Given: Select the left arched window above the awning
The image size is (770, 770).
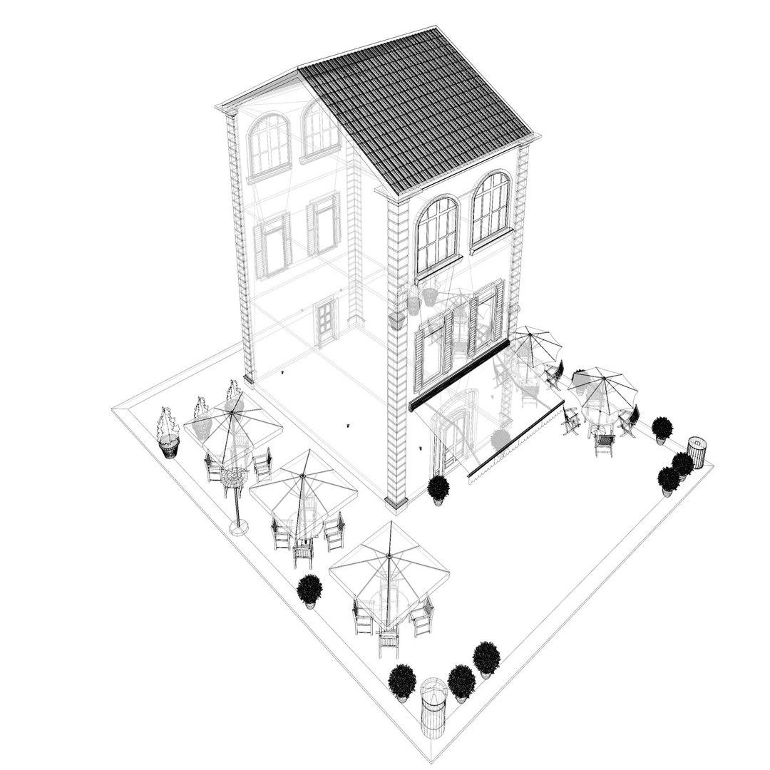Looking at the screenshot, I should point(436,235).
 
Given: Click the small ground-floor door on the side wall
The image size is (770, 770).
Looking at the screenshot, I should point(326,322).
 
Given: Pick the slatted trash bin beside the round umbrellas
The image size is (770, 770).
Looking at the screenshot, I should point(697,452).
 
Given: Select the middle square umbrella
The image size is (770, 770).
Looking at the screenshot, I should point(304,488).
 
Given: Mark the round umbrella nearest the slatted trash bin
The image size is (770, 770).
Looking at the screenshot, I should point(602,385).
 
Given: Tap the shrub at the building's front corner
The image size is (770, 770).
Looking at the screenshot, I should point(438,488).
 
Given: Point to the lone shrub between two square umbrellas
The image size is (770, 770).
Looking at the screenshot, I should point(309,590).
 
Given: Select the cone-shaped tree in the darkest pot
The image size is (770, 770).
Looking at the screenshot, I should point(169,431).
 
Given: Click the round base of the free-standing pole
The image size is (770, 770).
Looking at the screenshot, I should point(239,528).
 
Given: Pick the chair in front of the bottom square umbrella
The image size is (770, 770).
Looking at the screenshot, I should point(389,642).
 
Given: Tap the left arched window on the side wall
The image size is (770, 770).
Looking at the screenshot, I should point(269,144).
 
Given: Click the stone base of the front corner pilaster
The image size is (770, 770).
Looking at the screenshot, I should point(396,503).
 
